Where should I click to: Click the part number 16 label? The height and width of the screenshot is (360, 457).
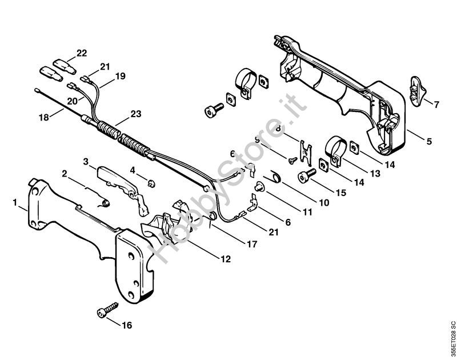126,326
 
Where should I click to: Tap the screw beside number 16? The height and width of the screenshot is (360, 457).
106,310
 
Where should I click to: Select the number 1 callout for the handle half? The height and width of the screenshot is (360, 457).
15,202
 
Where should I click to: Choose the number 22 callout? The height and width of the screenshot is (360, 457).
82,53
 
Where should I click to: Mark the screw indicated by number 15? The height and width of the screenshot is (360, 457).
303,178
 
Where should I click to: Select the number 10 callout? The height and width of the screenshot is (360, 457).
323,202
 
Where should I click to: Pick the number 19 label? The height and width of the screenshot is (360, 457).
120,75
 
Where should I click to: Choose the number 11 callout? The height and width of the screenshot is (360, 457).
308,212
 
